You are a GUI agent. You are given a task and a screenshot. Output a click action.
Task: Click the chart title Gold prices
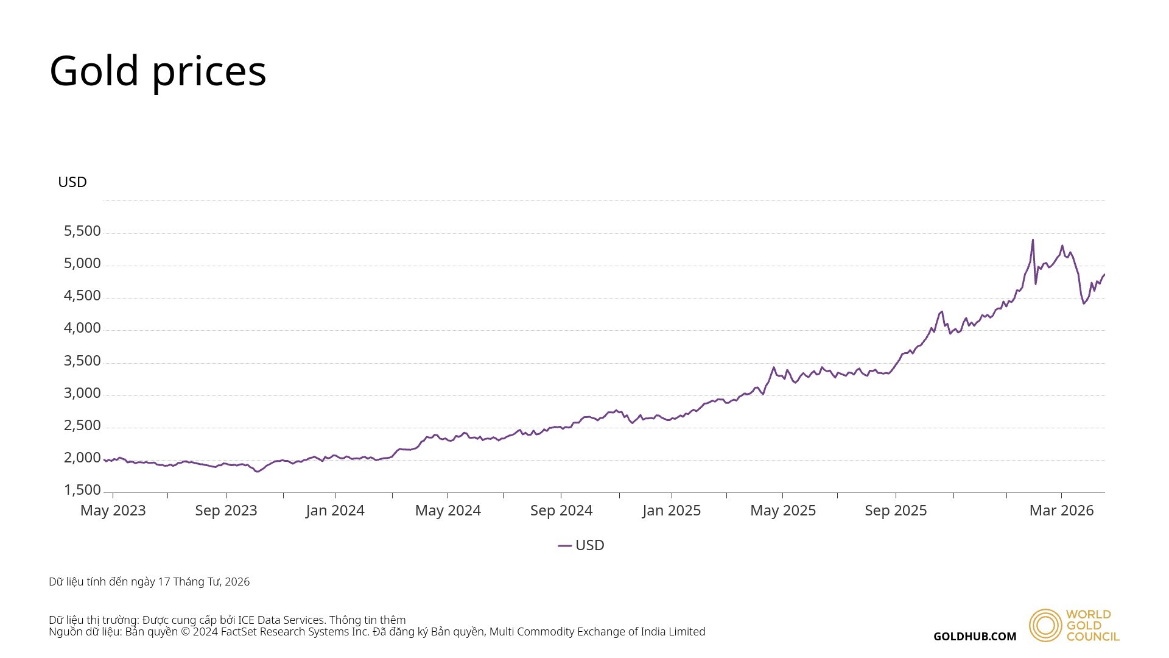pos(158,71)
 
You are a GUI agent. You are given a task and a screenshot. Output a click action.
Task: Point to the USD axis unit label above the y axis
pos(72,182)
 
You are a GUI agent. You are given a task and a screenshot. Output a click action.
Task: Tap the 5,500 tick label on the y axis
pos(82,231)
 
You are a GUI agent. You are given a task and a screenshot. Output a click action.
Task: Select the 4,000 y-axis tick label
pos(82,328)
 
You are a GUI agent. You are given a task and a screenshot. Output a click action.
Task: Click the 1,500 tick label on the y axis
pos(82,490)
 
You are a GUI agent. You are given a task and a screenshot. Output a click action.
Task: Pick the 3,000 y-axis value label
pos(82,393)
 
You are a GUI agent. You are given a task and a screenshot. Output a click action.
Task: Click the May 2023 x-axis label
pos(113,511)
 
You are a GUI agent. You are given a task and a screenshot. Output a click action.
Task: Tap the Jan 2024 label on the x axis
pos(335,511)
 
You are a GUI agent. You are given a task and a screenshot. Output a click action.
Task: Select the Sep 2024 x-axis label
pos(561,511)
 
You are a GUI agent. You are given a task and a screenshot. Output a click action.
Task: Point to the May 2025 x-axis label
pos(783,511)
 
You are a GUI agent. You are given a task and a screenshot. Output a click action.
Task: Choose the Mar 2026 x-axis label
pos(1061,511)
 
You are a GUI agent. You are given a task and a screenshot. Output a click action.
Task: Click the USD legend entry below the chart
pos(582,545)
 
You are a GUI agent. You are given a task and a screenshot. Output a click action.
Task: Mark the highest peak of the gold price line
pos(1033,240)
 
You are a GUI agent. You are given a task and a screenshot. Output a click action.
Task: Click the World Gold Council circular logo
pos(1045,625)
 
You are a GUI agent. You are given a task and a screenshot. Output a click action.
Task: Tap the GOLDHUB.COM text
pos(975,637)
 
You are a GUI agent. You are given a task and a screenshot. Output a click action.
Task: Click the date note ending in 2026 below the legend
pos(149,582)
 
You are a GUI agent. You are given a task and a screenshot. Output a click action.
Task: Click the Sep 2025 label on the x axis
pos(896,511)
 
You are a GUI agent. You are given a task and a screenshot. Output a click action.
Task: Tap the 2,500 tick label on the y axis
pos(82,425)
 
